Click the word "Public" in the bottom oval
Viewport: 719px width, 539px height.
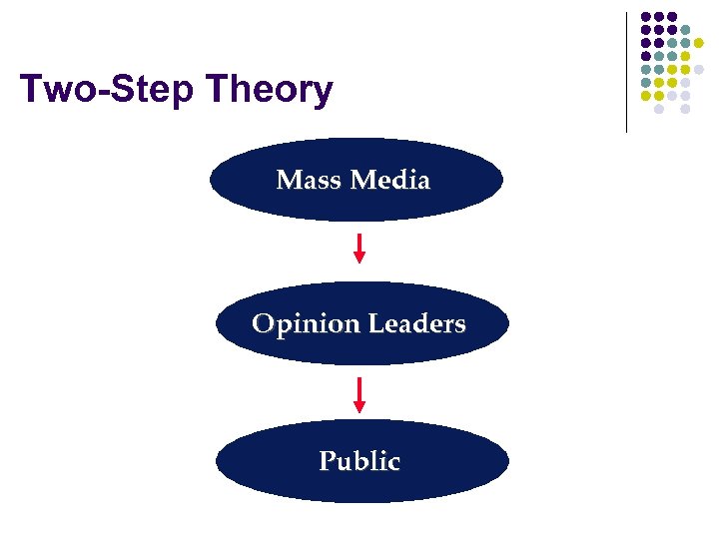pos(359,461)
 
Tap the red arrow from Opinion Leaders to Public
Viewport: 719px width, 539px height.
pos(359,394)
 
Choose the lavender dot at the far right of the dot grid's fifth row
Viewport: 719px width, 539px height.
pos(699,69)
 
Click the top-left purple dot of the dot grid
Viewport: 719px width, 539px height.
pos(645,17)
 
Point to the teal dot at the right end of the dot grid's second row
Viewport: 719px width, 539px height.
pos(686,30)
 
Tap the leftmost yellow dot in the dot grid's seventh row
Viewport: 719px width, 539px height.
pos(645,96)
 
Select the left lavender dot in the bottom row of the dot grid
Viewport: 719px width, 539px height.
pos(659,109)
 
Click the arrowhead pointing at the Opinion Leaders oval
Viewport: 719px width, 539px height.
pos(359,258)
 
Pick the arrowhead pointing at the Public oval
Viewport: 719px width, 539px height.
pos(359,406)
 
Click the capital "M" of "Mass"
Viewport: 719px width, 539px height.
pos(288,181)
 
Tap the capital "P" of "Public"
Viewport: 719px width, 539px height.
pos(327,461)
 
